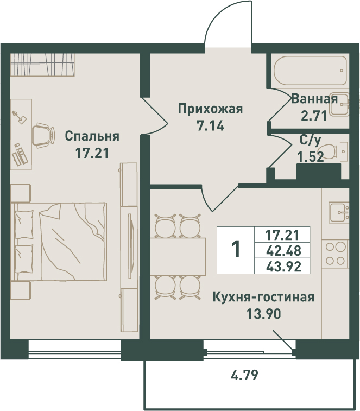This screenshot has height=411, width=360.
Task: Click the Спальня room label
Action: [92, 136]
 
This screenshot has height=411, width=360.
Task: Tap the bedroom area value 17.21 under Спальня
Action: [92, 153]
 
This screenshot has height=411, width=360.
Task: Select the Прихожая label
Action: [210, 109]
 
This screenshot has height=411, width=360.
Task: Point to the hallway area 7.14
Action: [210, 126]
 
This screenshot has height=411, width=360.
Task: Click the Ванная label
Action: [314, 99]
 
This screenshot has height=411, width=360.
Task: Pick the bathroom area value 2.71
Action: [314, 116]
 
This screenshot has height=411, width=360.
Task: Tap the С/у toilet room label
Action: [310, 141]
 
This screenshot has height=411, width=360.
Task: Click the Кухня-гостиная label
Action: [263, 297]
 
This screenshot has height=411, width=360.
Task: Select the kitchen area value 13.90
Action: [264, 313]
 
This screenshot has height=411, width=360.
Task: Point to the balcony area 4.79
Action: [245, 375]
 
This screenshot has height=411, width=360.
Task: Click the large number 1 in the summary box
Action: [236, 250]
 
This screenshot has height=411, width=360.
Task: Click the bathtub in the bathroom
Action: [310, 71]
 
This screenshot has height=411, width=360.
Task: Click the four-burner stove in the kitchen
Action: [335, 254]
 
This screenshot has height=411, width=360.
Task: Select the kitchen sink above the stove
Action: [339, 212]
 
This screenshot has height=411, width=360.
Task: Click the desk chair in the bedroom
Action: [43, 135]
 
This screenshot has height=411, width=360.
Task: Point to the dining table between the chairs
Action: [178, 256]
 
